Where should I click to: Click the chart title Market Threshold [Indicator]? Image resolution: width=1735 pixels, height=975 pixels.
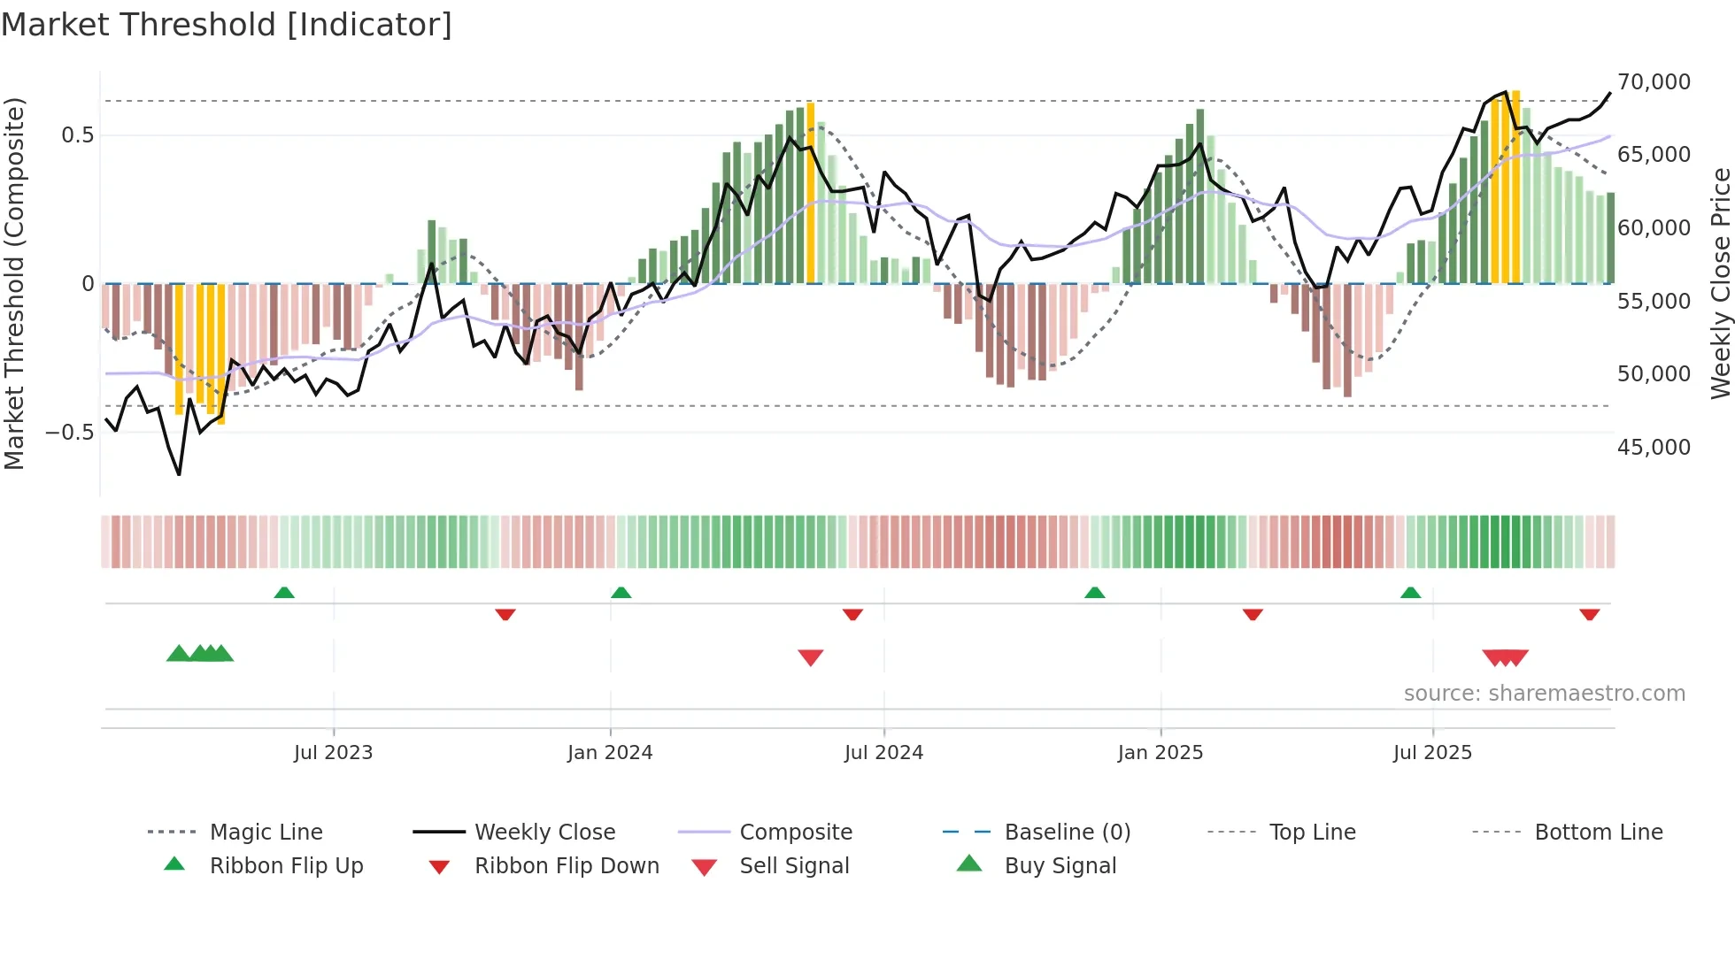coord(227,25)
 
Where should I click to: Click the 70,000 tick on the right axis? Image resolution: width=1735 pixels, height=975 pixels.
coord(1654,82)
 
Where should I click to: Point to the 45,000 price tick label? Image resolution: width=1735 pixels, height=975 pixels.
coord(1654,448)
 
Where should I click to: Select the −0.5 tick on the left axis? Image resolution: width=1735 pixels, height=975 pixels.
coord(70,433)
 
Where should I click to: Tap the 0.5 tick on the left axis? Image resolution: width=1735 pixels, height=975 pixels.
coord(77,135)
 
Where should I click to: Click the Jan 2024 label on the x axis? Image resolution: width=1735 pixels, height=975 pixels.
coord(610,753)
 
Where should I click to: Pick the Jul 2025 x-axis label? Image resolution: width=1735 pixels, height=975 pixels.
coord(1432,753)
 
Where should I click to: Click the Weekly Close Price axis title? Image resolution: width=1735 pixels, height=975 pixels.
coord(1720,283)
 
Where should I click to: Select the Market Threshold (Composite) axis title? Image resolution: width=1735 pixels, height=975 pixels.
coord(14,283)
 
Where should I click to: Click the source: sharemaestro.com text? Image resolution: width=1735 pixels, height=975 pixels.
coord(1544,694)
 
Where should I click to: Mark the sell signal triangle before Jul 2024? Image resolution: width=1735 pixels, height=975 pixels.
coord(811,656)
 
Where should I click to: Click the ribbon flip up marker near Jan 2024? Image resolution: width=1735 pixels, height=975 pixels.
coord(621,593)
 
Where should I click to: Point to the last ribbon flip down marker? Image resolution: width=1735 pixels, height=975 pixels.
coord(1590,614)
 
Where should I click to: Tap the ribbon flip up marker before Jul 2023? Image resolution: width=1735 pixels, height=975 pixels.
coord(284,593)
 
